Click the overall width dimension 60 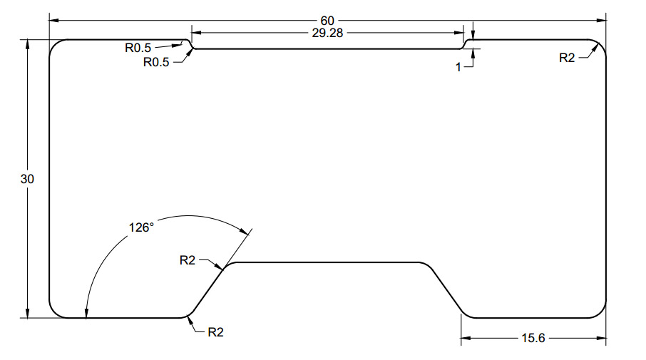327,20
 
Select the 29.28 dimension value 327,32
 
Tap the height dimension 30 27,179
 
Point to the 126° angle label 141,227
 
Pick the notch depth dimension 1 459,66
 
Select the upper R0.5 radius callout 138,48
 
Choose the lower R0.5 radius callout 156,62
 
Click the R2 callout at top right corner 567,58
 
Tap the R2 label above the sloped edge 187,260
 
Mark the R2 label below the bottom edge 215,332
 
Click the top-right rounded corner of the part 600,45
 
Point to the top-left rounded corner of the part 54,45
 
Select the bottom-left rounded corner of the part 54,312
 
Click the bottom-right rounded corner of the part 600,312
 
